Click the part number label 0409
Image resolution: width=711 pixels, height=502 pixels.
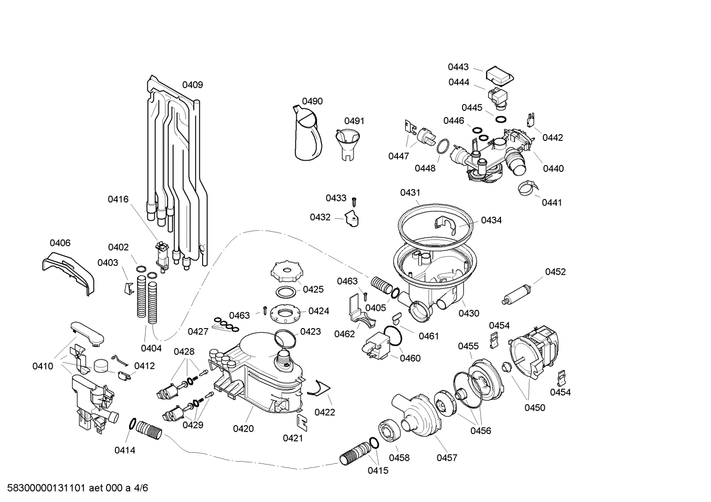point(192,85)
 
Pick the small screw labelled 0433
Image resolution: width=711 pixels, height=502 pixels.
point(354,201)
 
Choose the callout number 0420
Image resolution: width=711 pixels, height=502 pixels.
point(243,429)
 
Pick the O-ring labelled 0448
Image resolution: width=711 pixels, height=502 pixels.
point(443,147)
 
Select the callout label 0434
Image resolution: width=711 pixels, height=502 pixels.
point(491,220)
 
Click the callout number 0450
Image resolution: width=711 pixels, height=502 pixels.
point(534,407)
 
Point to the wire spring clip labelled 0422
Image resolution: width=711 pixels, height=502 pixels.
point(318,390)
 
